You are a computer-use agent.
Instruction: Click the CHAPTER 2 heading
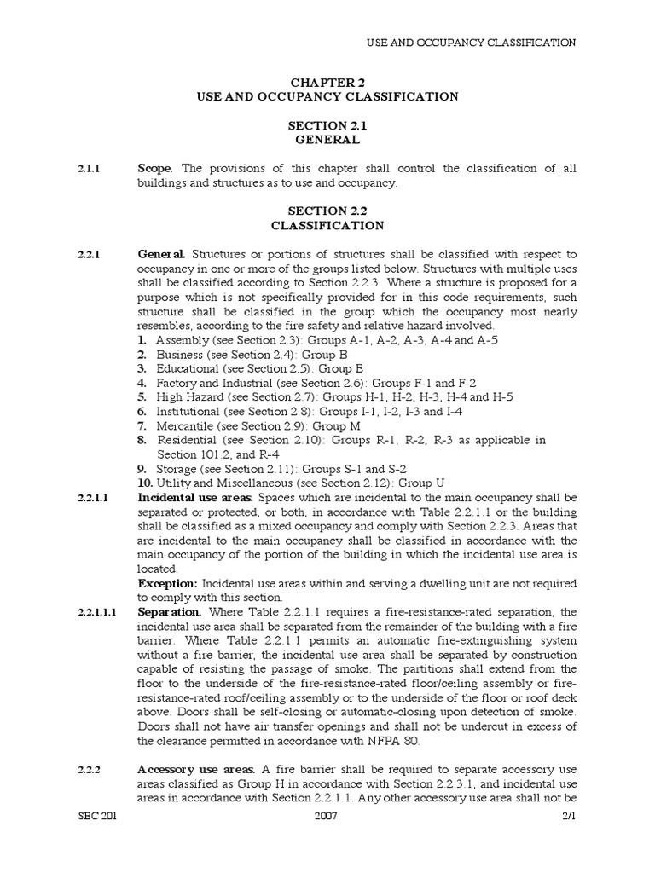[327, 82]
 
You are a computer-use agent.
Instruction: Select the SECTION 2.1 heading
[327, 125]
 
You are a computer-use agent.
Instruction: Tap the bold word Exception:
[168, 583]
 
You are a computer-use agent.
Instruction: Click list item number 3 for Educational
[142, 368]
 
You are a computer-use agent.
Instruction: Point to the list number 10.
[145, 482]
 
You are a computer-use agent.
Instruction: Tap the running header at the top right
[471, 42]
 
